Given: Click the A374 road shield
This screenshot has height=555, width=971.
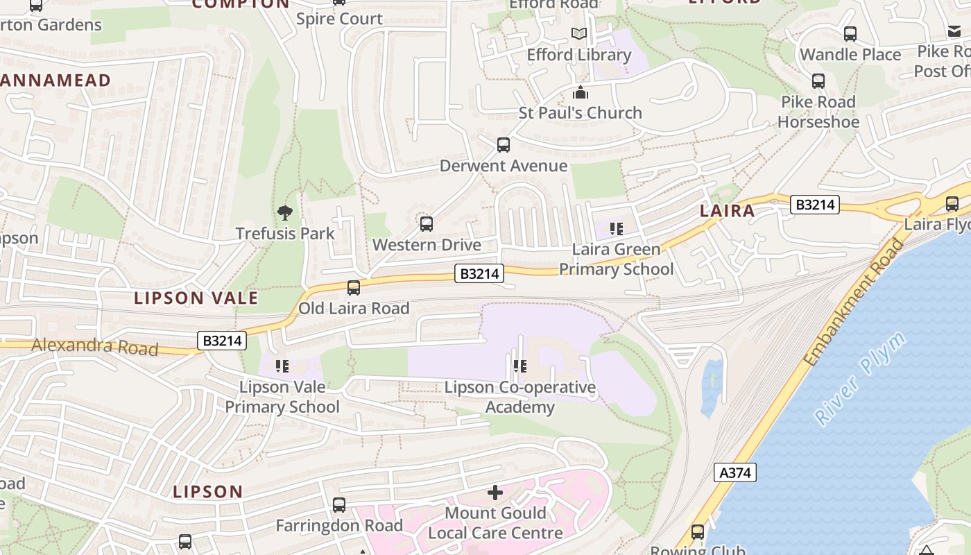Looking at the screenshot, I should pos(734,473).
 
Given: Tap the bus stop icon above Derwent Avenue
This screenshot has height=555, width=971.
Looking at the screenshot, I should pos(504,145).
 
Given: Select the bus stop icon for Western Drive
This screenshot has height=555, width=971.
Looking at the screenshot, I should pos(427,224).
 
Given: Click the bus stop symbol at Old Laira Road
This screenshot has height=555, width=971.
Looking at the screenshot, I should pos(354,287).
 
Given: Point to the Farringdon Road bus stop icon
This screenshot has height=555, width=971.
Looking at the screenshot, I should pos(339,505).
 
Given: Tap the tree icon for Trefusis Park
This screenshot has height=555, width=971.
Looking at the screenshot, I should pos(284,213).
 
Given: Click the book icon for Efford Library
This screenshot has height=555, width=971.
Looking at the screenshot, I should pos(579,33).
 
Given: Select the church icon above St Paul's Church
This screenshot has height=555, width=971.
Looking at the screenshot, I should pos(581,92).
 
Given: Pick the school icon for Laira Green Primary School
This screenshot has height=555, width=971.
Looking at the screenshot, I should pos(616,228).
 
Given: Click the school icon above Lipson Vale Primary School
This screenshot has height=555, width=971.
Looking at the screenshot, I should pos(282,366).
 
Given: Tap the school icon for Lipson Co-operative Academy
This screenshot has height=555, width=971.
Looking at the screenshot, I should pos(519,366).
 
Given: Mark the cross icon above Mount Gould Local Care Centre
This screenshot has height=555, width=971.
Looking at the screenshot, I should pos(495,493).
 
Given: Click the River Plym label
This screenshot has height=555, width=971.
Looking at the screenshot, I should pos(860,379).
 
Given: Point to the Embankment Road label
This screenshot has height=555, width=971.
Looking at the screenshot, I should pos(854,302).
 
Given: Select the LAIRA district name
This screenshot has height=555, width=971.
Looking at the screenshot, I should pos(727,211).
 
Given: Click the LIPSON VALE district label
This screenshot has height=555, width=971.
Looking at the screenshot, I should pos(196,298).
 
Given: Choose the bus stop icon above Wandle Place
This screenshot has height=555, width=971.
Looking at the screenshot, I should pos(850,34).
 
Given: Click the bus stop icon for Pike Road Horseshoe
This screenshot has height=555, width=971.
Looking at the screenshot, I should pos(818,81).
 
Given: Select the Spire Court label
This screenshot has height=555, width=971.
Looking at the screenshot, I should pos(339,19).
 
